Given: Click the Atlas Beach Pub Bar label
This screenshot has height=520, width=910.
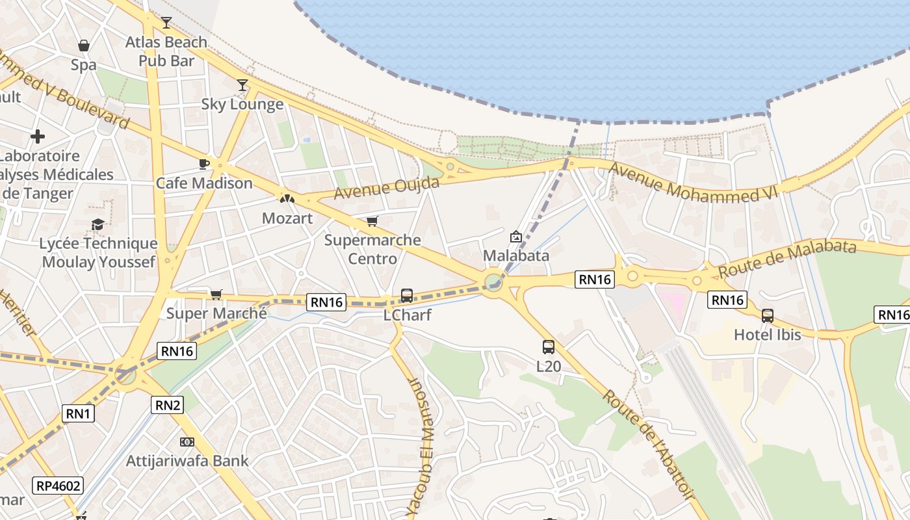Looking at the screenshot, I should point(166,51).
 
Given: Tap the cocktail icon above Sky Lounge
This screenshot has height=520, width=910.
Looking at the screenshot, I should point(242,85).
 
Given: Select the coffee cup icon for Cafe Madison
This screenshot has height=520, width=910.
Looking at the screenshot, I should point(204,164).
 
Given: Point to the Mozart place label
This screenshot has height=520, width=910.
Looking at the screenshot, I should point(287,218).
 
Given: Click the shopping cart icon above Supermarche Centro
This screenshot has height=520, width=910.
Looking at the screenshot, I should point(372,222).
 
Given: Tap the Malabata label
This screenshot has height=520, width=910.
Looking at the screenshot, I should point(516,255).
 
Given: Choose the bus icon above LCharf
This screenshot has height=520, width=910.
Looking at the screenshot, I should point(407,296).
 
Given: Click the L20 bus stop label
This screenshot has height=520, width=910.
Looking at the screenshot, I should point(549,366).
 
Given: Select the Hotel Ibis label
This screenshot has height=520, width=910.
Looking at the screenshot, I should point(768,335).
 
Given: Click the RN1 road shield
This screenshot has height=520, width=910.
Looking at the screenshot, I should point(79,413).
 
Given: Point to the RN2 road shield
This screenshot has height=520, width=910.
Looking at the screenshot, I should point(168,405).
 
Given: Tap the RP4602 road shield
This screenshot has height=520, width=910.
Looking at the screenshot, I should point(58,485).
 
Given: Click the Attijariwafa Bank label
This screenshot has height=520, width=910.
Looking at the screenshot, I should point(187,461).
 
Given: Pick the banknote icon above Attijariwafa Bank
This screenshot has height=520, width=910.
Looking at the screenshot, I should point(187,442).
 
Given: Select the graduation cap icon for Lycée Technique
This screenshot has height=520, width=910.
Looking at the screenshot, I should point(97,224).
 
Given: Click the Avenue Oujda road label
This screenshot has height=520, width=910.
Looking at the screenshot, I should point(387,188).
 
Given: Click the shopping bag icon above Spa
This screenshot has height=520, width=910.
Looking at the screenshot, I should point(84,45).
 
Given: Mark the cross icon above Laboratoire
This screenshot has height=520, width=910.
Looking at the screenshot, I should point(38,136).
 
